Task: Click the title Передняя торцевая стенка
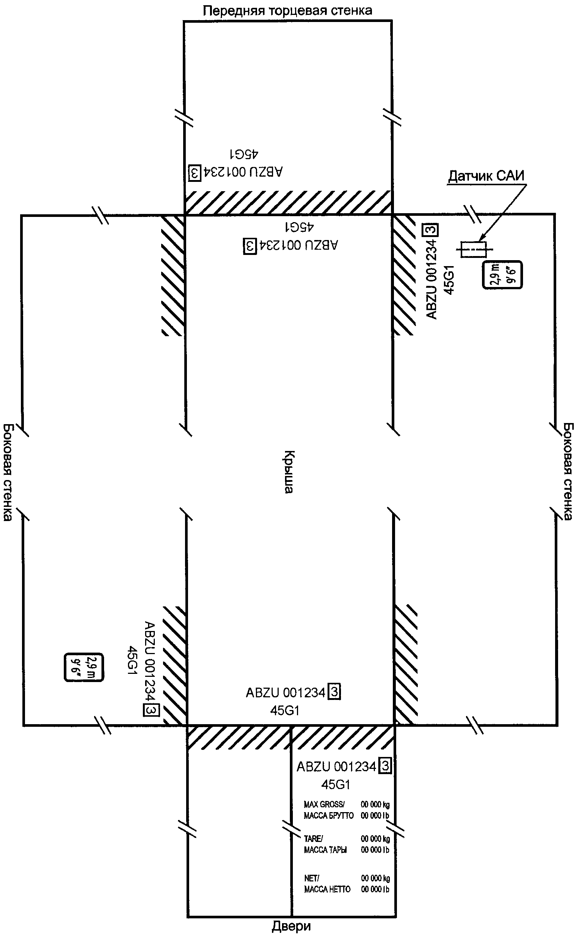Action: click(x=287, y=10)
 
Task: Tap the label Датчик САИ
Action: click(x=486, y=176)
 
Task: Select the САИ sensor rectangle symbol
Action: click(x=473, y=249)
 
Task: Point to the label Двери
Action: click(x=291, y=926)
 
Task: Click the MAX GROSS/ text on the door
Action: click(x=324, y=804)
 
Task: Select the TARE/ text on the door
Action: click(x=313, y=839)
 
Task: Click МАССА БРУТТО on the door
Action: click(x=328, y=815)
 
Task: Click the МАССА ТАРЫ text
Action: click(x=325, y=850)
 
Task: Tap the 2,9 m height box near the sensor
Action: click(x=502, y=275)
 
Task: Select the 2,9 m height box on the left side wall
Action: click(x=84, y=667)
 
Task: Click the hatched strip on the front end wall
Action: click(x=288, y=202)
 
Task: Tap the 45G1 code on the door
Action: click(x=336, y=784)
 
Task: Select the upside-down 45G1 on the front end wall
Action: click(x=244, y=154)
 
